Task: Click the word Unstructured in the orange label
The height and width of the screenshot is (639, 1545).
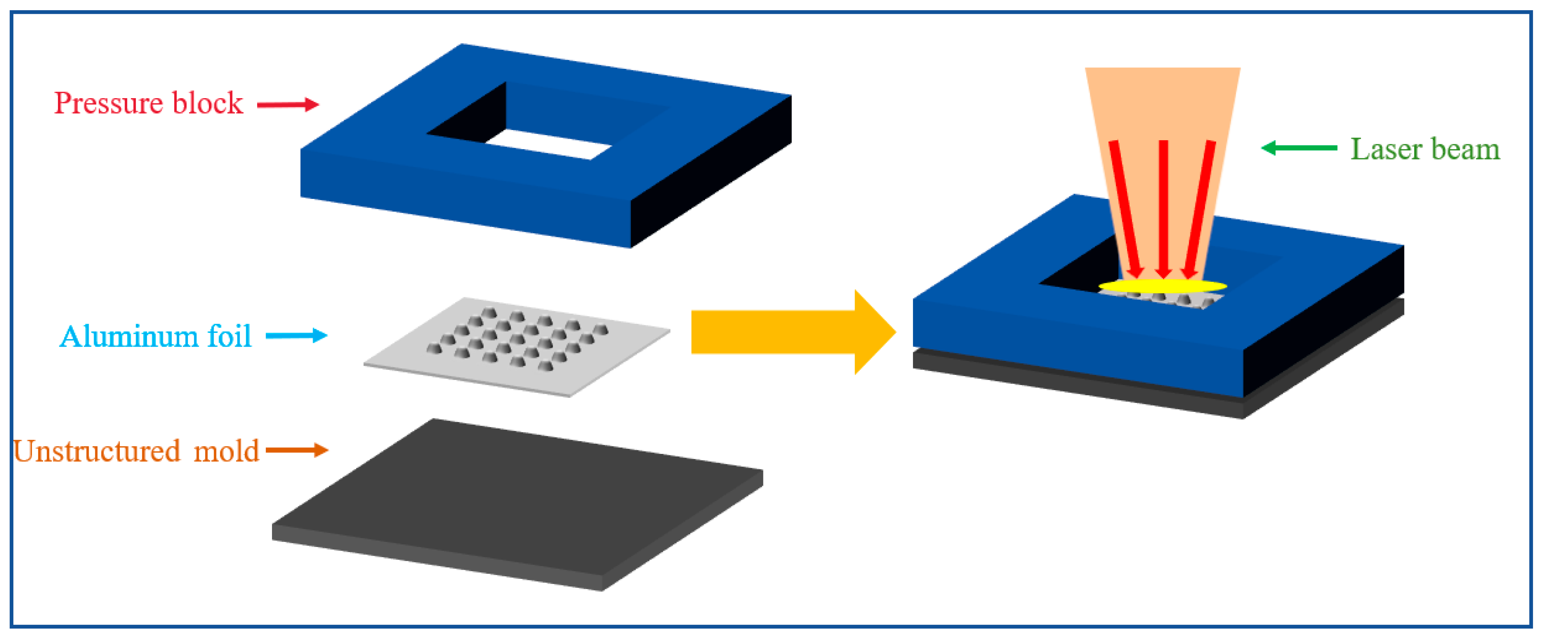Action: pyautogui.click(x=97, y=451)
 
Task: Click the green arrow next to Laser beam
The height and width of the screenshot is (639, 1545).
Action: pyautogui.click(x=1299, y=147)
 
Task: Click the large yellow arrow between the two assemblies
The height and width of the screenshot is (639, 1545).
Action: pyautogui.click(x=794, y=332)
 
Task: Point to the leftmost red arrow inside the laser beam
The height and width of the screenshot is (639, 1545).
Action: pyautogui.click(x=1126, y=209)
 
